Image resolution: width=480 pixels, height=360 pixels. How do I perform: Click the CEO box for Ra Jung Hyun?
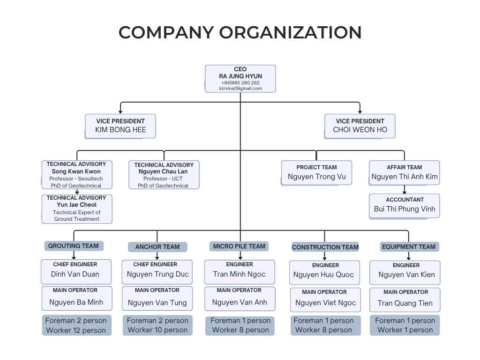tap(240, 79)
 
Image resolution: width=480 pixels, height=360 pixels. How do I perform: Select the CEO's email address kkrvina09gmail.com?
tap(240, 89)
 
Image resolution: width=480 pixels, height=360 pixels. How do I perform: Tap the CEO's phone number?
tap(240, 82)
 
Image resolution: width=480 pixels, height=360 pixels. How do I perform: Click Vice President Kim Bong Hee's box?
tap(120, 126)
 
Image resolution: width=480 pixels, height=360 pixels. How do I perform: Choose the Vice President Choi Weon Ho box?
tap(360, 126)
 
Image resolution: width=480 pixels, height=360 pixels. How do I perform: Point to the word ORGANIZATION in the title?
tap(291, 32)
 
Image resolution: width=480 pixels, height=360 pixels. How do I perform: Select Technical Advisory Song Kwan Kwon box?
tap(77, 175)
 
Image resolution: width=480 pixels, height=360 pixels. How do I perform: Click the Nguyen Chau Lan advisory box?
tap(164, 175)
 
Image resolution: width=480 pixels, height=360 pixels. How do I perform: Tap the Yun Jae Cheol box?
tap(77, 209)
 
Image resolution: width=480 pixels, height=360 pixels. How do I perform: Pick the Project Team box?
tap(316, 172)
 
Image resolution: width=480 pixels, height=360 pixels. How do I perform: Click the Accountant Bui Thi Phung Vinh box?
tap(405, 206)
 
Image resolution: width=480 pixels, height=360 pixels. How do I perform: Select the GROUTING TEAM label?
tap(74, 246)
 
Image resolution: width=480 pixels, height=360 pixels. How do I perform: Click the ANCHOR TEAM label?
tap(157, 247)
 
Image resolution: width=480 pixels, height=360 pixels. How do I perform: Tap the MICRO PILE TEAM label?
tap(239, 247)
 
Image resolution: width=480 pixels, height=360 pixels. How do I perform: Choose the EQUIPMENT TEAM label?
tap(409, 247)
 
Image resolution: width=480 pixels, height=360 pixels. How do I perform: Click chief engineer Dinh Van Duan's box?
tap(76, 272)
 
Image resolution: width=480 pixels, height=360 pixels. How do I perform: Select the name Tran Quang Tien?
tap(405, 303)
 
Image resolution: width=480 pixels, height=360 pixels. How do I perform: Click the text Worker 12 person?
tap(76, 330)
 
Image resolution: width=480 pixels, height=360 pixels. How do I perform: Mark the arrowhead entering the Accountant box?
tap(405, 192)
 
